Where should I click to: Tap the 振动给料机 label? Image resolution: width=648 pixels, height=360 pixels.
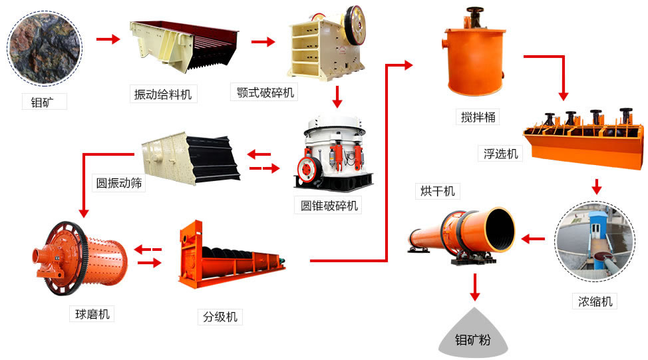point(162,94)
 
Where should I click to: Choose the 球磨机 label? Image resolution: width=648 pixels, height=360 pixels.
point(89,313)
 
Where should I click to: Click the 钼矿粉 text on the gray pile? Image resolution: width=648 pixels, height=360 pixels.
point(472,340)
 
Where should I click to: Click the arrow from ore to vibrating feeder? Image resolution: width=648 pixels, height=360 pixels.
point(107,39)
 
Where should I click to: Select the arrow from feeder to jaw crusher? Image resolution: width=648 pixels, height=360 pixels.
point(263,42)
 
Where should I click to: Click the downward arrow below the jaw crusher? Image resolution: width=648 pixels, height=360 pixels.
point(337,96)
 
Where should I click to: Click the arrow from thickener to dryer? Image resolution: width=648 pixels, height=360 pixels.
point(534,238)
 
